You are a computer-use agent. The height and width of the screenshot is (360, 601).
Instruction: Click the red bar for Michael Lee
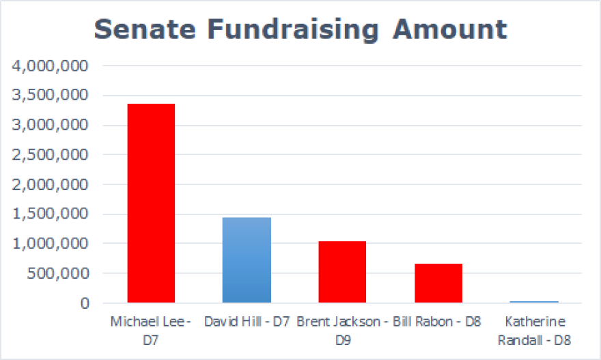pyautogui.click(x=151, y=203)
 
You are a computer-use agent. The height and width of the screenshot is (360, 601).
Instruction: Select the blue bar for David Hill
pyautogui.click(x=247, y=260)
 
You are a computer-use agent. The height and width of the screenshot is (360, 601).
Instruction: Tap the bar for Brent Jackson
pyautogui.click(x=342, y=272)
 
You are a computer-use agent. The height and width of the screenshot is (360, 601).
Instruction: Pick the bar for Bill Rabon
pyautogui.click(x=438, y=283)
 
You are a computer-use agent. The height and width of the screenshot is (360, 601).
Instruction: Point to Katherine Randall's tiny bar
pyautogui.click(x=533, y=301)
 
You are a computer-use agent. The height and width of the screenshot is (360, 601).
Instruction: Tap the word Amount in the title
pyautogui.click(x=452, y=29)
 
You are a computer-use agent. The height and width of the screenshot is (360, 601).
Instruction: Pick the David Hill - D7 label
pyautogui.click(x=247, y=321)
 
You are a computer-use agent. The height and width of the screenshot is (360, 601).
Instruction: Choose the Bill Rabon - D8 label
pyautogui.click(x=438, y=321)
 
